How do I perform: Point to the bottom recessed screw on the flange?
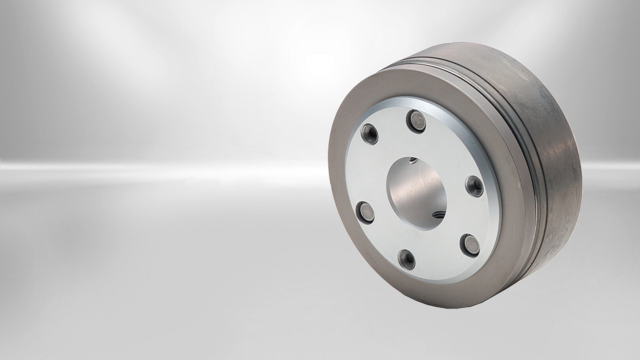coord(406,256)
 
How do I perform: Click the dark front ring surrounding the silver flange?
coord(344,227)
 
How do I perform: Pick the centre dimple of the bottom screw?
coord(406,256)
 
